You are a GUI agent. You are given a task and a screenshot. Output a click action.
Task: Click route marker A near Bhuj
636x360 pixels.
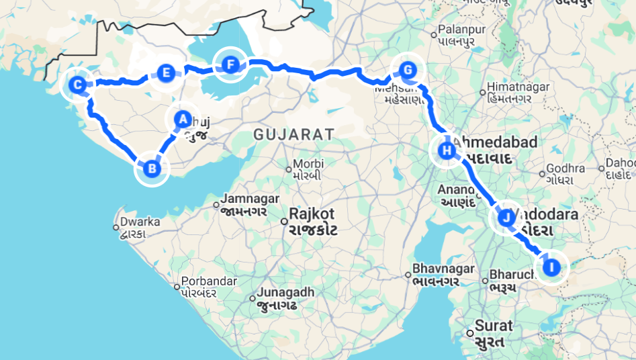(182, 120)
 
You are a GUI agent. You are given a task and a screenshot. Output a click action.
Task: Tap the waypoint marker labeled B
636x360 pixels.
(152, 169)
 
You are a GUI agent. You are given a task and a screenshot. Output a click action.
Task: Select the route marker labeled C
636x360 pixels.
(77, 85)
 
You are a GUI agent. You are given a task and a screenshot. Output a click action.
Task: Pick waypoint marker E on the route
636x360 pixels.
(165, 73)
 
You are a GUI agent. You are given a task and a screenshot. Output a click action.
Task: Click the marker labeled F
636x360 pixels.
(230, 65)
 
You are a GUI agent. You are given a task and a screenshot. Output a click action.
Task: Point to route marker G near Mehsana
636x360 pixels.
(407, 70)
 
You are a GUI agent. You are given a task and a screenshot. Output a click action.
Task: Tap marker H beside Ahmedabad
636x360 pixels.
(447, 150)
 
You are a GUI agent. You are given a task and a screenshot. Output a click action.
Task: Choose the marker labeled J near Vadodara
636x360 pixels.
(506, 218)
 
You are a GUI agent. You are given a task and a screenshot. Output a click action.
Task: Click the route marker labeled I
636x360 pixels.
(551, 267)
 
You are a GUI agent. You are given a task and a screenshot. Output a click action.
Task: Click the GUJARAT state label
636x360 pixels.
(293, 134)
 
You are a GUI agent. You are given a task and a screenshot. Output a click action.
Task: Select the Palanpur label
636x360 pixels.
(461, 30)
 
